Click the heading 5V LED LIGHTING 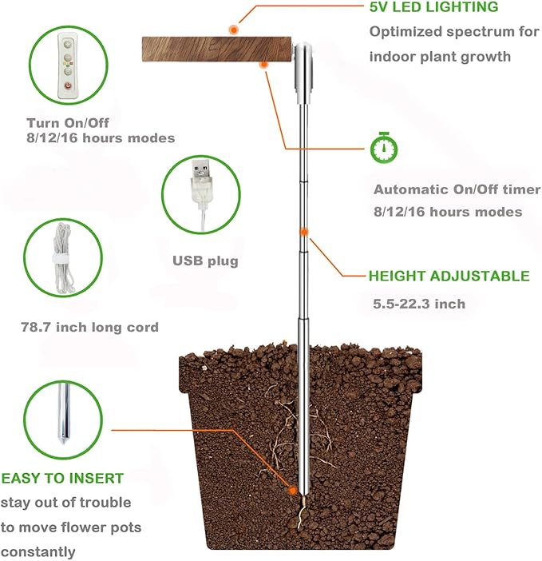(x=433, y=8)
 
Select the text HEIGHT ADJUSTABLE (x=449, y=277)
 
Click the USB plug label (x=205, y=261)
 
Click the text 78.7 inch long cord (x=89, y=327)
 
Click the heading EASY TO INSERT (x=62, y=479)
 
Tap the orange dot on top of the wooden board (x=233, y=30)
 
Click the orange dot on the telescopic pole (x=304, y=232)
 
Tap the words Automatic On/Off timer (x=457, y=190)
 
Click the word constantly (x=38, y=551)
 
